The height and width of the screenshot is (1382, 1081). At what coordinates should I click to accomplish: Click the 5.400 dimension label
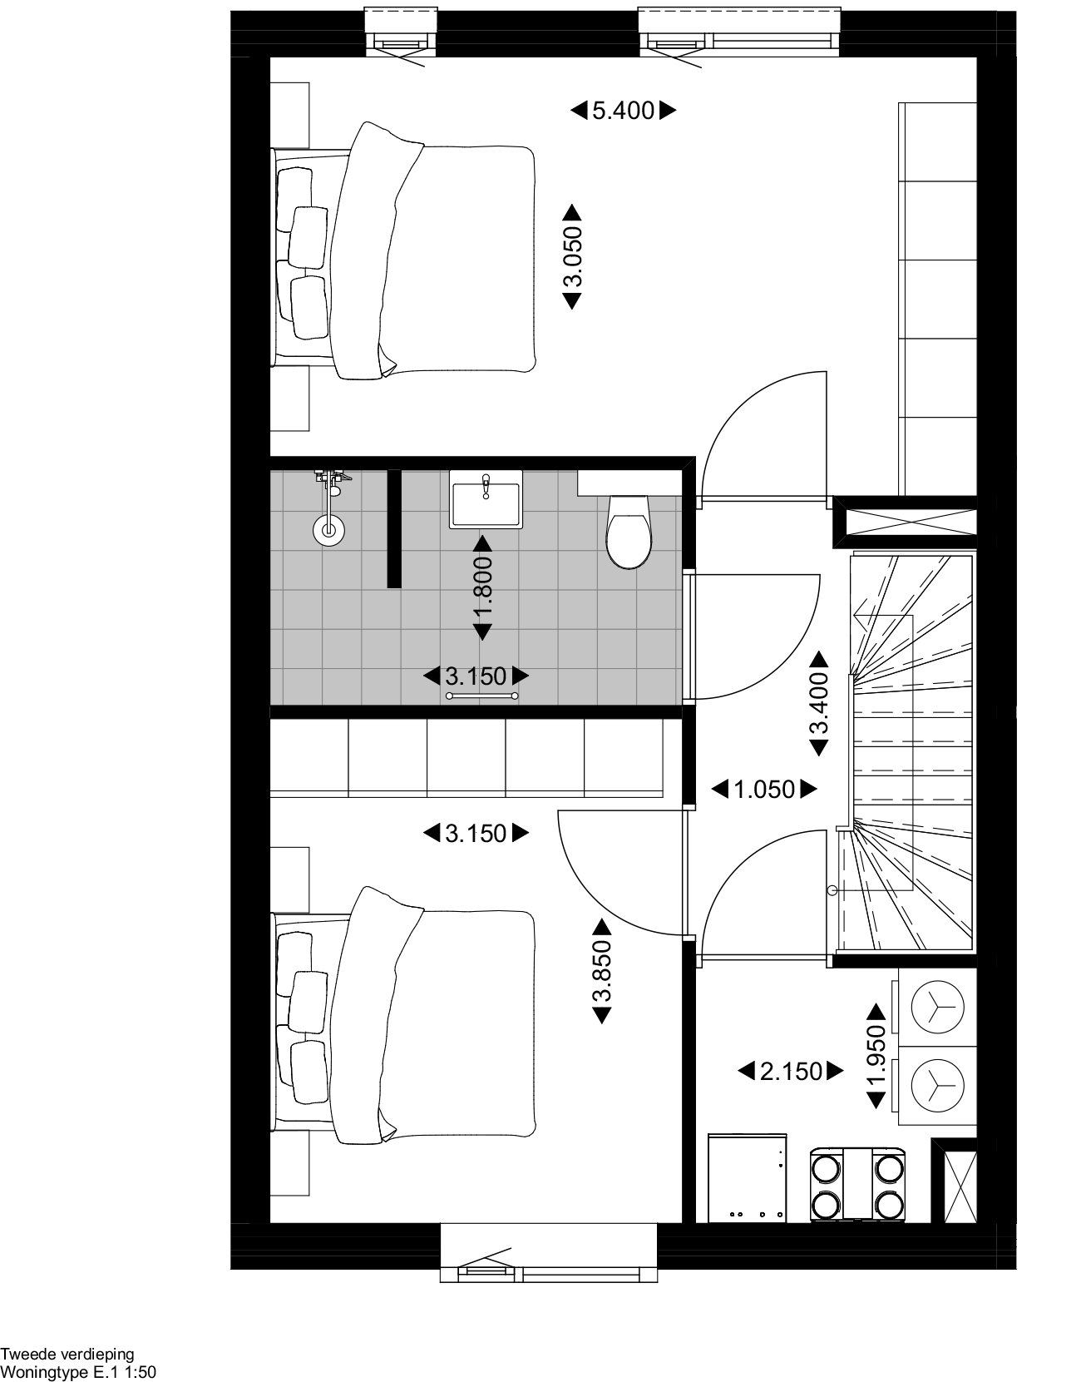tap(623, 111)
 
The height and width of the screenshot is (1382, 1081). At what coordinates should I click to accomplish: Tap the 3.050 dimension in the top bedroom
tap(573, 257)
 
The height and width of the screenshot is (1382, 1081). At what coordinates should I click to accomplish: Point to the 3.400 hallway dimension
tap(820, 703)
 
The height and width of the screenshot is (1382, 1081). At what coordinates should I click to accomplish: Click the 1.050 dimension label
tap(764, 790)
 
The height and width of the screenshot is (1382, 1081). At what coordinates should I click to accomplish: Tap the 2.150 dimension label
tap(791, 1072)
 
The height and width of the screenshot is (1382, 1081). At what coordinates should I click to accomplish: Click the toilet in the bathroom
tap(629, 532)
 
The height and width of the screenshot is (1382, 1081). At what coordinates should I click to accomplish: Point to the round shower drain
tap(329, 529)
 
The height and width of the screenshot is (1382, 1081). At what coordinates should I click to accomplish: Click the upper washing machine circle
tap(937, 1008)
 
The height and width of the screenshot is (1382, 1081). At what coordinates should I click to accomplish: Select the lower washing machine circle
tap(937, 1086)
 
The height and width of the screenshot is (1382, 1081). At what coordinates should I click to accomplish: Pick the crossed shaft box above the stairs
tap(905, 523)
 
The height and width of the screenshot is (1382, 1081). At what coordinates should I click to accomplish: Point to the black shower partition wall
tap(395, 528)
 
